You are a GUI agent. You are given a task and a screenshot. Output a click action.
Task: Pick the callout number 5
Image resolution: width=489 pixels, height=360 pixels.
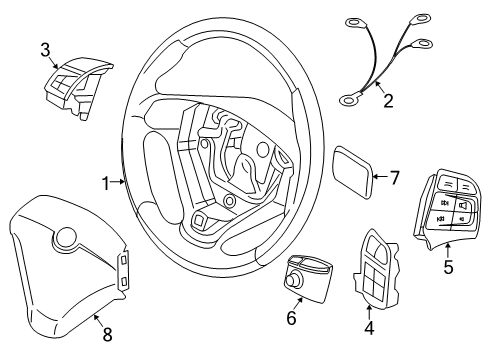pos(448,266)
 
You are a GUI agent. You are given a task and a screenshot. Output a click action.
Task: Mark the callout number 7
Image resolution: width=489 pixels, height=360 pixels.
pos(394,179)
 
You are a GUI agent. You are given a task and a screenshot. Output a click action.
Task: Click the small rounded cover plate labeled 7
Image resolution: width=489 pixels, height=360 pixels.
pos(353,174)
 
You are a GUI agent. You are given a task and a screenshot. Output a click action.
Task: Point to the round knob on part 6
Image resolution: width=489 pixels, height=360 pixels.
pos(297,282)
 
